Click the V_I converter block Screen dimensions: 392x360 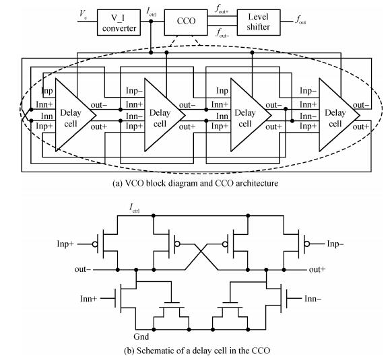119,22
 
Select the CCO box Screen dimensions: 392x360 186,22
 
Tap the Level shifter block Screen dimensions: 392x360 259,22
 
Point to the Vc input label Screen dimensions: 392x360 84,13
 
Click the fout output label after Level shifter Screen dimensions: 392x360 301,20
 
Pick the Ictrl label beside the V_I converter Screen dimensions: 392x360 152,12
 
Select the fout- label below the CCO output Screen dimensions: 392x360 222,33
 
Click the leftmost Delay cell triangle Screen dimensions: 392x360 75,115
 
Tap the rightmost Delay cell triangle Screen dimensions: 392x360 339,115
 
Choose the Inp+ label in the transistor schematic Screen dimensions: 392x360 65,244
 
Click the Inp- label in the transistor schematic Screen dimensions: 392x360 335,244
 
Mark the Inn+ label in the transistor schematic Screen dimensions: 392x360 88,299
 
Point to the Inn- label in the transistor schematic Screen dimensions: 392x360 313,299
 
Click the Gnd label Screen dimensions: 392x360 141,336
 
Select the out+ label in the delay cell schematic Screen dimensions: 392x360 317,270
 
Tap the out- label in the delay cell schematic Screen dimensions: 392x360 83,270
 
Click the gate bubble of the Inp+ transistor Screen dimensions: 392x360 95,244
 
